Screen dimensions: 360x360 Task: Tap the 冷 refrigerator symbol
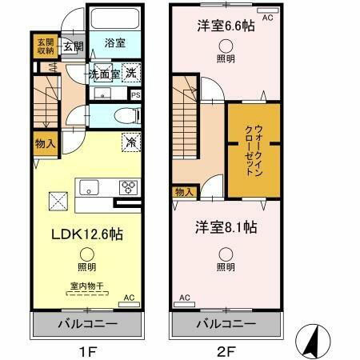click(x=129, y=142)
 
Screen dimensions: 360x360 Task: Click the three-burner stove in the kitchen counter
click(x=128, y=188)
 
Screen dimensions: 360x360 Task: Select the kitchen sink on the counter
click(x=90, y=188)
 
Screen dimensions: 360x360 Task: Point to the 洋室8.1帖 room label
click(x=226, y=227)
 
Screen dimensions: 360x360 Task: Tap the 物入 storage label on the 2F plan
click(x=183, y=192)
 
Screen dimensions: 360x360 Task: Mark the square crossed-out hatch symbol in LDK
click(x=58, y=201)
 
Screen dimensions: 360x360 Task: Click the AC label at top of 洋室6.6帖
click(x=267, y=16)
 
